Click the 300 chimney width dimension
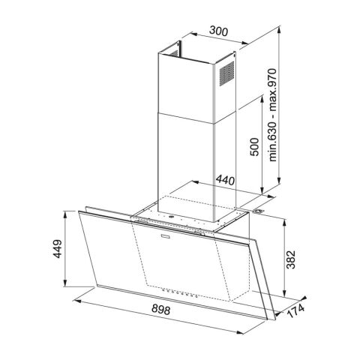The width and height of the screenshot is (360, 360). click(x=217, y=32)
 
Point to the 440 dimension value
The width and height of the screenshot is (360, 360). click(x=224, y=180)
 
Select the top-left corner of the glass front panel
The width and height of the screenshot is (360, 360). click(x=79, y=211)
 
